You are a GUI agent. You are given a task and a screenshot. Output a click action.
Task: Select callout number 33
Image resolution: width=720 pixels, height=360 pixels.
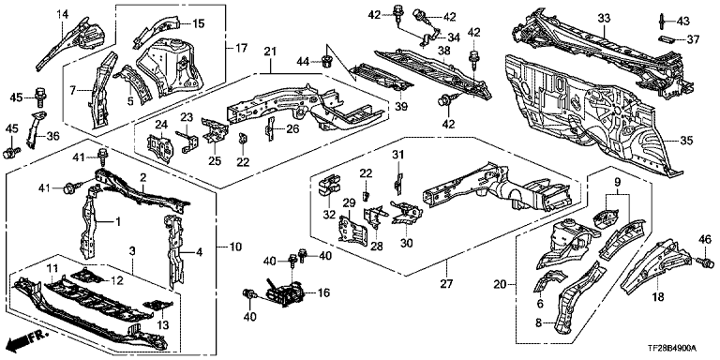pyautogui.click(x=605, y=19)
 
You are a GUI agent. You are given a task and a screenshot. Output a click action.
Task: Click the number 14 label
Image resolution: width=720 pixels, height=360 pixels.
pyautogui.click(x=63, y=14)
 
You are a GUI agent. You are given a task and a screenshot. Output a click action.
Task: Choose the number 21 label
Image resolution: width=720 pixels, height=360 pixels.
pyautogui.click(x=270, y=52)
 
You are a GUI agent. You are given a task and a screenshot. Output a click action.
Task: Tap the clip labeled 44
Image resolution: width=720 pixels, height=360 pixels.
pyautogui.click(x=328, y=61)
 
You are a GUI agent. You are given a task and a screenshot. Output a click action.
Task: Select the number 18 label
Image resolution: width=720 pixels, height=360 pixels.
pyautogui.click(x=658, y=297)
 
